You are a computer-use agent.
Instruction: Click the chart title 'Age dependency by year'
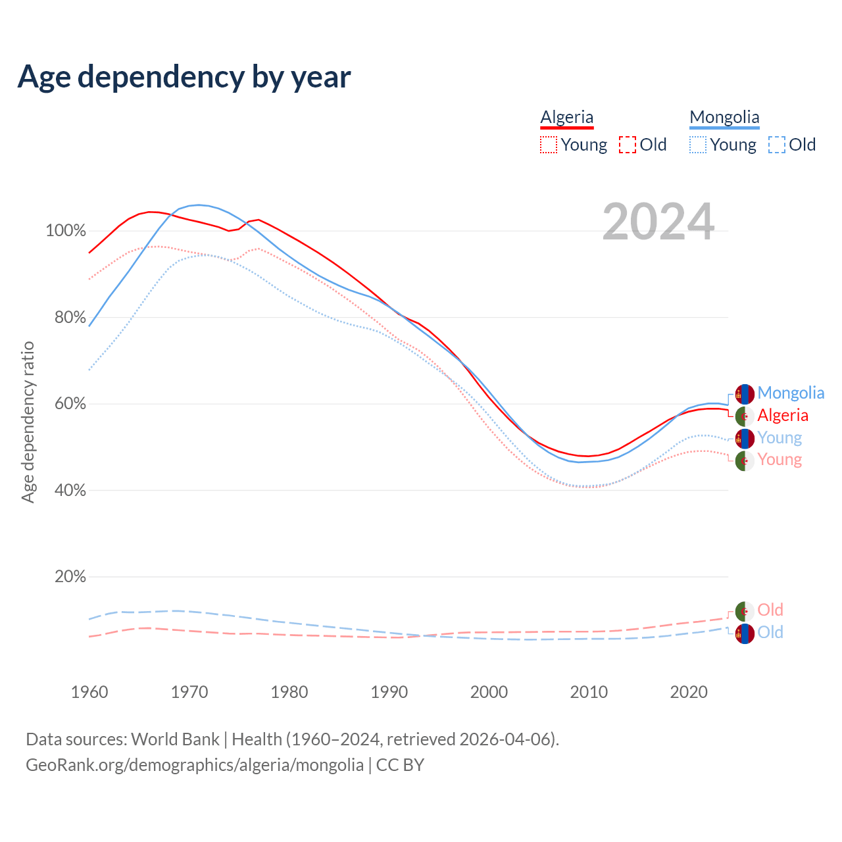point(184,77)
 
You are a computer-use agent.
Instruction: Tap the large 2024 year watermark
point(658,222)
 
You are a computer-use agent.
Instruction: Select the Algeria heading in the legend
point(567,118)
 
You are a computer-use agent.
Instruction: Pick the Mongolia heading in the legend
point(724,118)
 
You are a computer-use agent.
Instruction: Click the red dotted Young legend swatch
point(549,145)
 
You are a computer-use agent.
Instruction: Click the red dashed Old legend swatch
point(628,145)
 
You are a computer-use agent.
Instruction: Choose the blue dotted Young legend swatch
point(698,145)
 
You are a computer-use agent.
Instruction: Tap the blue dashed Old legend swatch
point(777,145)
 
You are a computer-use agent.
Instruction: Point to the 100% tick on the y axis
point(66,231)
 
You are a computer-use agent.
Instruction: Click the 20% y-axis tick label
point(70,577)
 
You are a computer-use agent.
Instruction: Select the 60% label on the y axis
point(70,404)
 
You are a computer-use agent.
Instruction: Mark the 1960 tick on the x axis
point(89,692)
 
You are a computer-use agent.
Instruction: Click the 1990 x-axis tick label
point(389,692)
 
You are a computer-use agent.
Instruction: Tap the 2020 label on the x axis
point(689,692)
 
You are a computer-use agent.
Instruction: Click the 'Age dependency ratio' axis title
point(28,422)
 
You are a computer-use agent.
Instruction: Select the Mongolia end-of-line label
point(791,393)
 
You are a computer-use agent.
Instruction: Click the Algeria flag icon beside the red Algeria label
point(745,416)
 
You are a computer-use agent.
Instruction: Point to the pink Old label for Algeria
point(770,610)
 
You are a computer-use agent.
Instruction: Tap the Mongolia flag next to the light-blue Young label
point(745,438)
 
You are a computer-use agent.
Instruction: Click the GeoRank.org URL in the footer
point(195,765)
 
